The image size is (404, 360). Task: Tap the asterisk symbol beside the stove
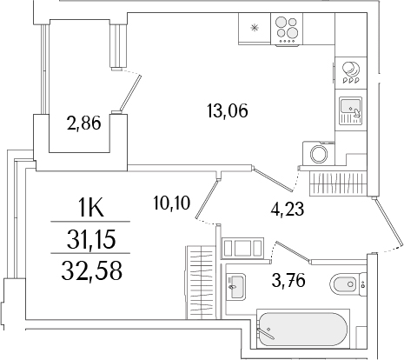(254, 28)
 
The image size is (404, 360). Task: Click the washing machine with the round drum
(319, 154)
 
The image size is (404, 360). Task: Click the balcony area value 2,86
(84, 123)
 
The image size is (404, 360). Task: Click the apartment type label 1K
(91, 209)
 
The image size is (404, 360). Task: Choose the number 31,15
(91, 237)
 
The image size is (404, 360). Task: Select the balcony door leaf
(129, 90)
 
